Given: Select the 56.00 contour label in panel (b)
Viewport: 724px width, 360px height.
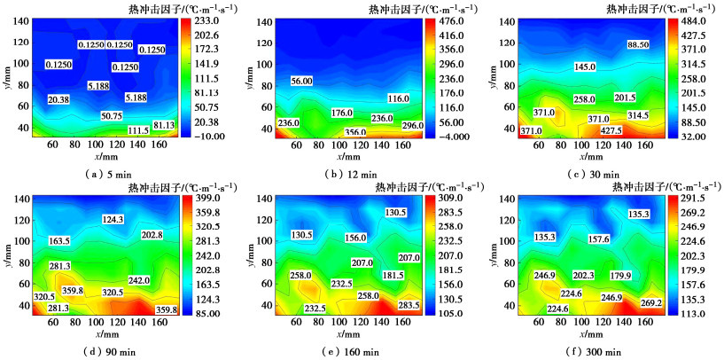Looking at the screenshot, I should coord(301,81).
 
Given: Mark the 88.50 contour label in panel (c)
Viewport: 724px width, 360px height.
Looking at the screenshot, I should coord(637,44).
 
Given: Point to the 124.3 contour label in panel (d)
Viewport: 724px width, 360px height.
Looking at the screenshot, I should coord(113,219).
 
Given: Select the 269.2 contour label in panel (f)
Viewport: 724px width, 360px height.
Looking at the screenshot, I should coord(651,303).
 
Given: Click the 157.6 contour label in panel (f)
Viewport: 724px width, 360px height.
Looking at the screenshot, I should coord(599,239).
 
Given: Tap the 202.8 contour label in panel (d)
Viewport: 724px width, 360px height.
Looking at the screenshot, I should coord(152,235).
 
